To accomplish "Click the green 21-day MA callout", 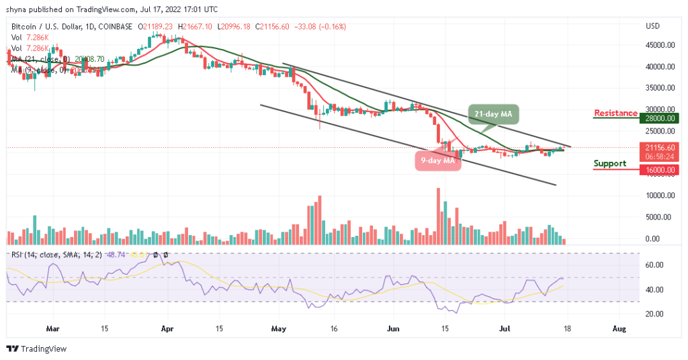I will (494, 115).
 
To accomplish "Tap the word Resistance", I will (615, 113).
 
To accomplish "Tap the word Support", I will (610, 163).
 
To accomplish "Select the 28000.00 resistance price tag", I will (660, 118).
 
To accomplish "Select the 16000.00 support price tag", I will (660, 171).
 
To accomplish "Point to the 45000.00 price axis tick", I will (660, 45).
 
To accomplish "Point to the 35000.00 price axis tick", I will (660, 88).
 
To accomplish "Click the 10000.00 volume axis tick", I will (660, 195).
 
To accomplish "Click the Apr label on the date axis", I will (167, 329).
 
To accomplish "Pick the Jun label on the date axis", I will (394, 329).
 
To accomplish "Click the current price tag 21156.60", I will (660, 147).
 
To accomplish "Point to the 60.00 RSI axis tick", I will (656, 265).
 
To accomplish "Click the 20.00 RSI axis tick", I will (656, 314).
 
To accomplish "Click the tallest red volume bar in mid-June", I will (438, 216).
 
